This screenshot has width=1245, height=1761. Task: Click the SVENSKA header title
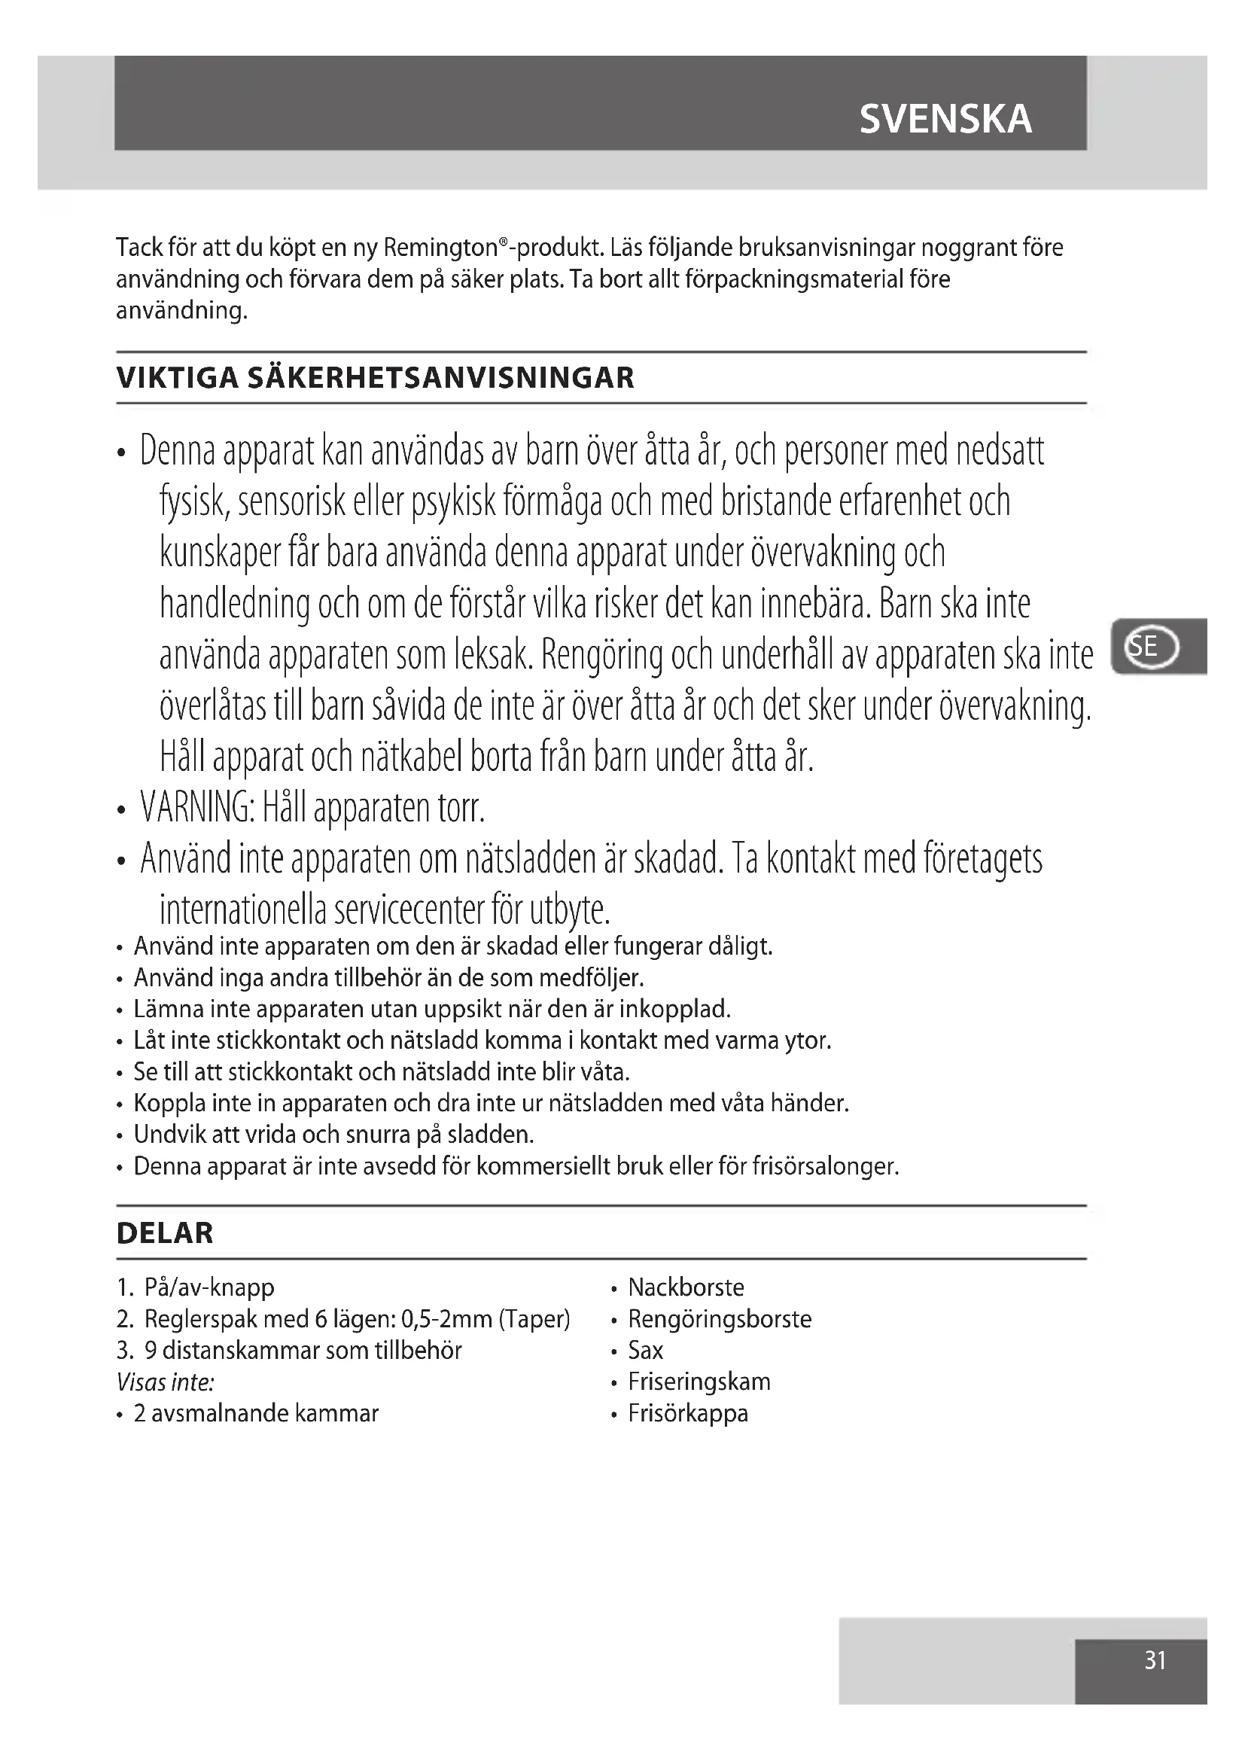pyautogui.click(x=945, y=119)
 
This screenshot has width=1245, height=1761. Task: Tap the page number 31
pyautogui.click(x=1155, y=1660)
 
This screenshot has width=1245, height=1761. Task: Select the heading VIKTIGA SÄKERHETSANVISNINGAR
pyautogui.click(x=375, y=378)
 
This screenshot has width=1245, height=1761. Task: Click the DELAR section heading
pyautogui.click(x=165, y=1232)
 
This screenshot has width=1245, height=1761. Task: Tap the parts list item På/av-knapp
pyautogui.click(x=209, y=1287)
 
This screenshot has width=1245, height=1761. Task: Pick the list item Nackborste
pyautogui.click(x=686, y=1287)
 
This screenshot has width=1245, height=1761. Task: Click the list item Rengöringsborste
pyautogui.click(x=719, y=1318)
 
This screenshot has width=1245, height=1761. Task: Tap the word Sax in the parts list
pyautogui.click(x=645, y=1350)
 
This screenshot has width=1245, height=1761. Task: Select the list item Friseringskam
pyautogui.click(x=699, y=1382)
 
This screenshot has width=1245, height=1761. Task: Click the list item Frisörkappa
pyautogui.click(x=688, y=1412)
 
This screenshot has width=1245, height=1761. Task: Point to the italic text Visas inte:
pyautogui.click(x=165, y=1382)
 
